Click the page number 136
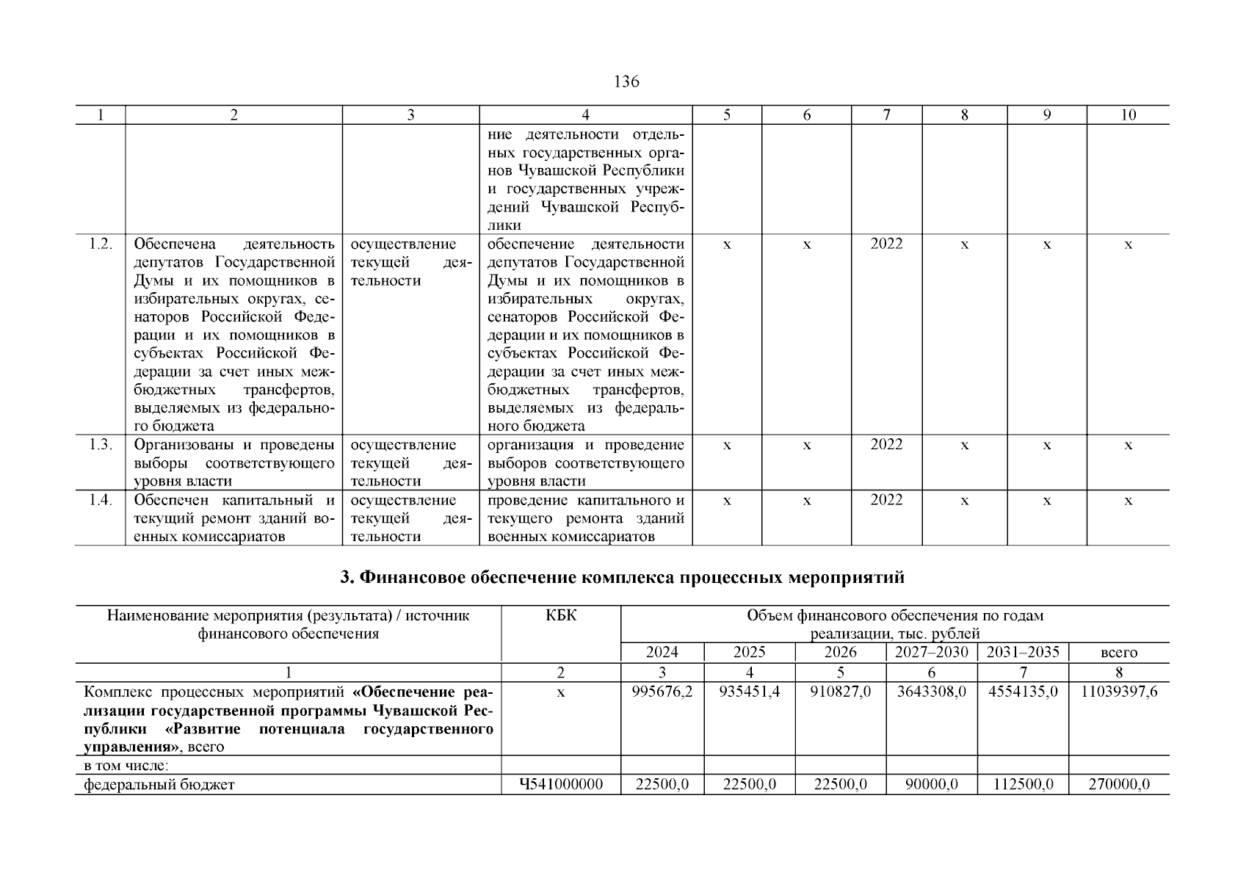pyautogui.click(x=626, y=81)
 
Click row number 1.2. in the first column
pyautogui.click(x=100, y=244)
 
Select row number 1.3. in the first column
pyautogui.click(x=100, y=445)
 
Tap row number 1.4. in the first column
pyautogui.click(x=100, y=500)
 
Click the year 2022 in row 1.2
pyautogui.click(x=886, y=244)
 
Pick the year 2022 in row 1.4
pyautogui.click(x=886, y=500)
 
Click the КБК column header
pyautogui.click(x=561, y=616)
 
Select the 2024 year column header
pyautogui.click(x=662, y=653)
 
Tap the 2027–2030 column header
pyautogui.click(x=932, y=653)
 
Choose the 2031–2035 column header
pyautogui.click(x=1023, y=653)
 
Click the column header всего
pyautogui.click(x=1119, y=653)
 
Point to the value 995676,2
pyautogui.click(x=662, y=692)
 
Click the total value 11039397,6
pyautogui.click(x=1119, y=692)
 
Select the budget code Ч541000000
pyautogui.click(x=561, y=785)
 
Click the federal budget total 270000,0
pyautogui.click(x=1119, y=785)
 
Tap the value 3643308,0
pyautogui.click(x=932, y=692)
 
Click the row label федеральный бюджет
pyautogui.click(x=159, y=785)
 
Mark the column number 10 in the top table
pyautogui.click(x=1128, y=115)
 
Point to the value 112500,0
pyautogui.click(x=1023, y=785)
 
